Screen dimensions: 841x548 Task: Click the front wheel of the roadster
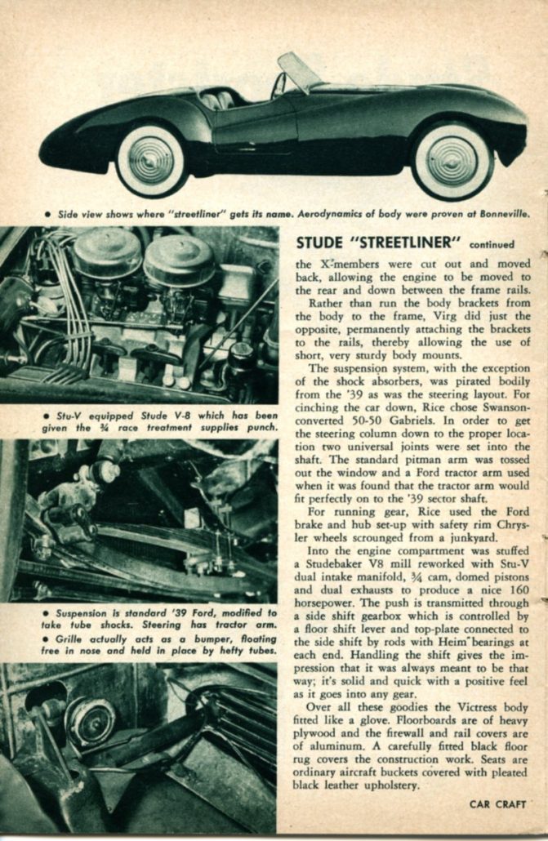point(452,161)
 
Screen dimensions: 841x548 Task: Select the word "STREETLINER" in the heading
point(402,243)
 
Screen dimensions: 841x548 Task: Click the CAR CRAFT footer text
point(498,803)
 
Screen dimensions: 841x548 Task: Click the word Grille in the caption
point(69,638)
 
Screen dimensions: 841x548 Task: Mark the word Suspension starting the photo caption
point(84,612)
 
